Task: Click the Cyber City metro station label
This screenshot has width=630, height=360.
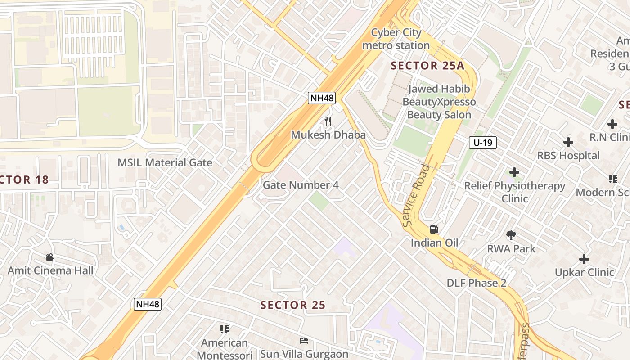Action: pos(396,39)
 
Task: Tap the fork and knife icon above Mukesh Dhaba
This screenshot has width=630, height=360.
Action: pos(328,121)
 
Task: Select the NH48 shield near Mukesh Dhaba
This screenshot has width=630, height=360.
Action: pos(322,98)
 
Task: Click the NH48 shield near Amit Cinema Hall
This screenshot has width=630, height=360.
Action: pos(148,304)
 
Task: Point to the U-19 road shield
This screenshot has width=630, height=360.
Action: pos(483,143)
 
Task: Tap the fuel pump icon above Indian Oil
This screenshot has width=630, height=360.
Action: pos(434,229)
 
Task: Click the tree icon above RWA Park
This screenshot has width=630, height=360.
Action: pos(511,235)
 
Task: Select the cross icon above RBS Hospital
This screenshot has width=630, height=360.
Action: pos(568,143)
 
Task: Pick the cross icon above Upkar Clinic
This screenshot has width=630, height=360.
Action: pos(584,259)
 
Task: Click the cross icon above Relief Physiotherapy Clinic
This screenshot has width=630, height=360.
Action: pos(514,172)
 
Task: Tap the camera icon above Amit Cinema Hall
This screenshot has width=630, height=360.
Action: pos(50,257)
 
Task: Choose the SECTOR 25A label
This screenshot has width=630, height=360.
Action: pos(427,66)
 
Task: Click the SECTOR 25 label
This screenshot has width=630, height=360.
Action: pos(292,305)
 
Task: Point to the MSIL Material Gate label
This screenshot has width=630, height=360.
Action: pos(165,162)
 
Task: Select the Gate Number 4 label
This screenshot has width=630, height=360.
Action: pos(301,185)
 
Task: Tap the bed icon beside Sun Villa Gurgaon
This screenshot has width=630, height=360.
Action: pos(304,341)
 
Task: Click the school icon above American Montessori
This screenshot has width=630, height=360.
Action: pos(225,329)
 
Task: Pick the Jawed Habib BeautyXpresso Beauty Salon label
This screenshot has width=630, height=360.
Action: pos(439,102)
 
